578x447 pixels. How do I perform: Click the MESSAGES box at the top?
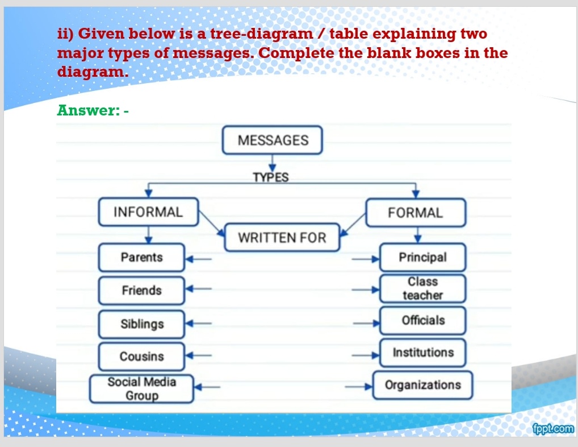[x=273, y=140]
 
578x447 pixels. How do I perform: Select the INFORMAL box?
[x=148, y=212]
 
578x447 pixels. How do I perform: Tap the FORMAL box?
[x=415, y=213]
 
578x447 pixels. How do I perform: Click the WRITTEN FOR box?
[x=282, y=238]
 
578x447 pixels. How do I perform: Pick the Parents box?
[x=141, y=258]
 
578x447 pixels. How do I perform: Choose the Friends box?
[x=141, y=291]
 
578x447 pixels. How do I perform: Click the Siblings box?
[x=141, y=324]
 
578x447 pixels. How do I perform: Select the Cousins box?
[x=141, y=357]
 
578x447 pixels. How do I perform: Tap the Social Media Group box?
[x=141, y=389]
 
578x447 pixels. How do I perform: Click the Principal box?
[x=422, y=258]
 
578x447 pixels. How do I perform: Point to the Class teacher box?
[x=422, y=288]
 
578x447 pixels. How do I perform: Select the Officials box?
[x=422, y=320]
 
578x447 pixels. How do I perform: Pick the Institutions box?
[x=422, y=353]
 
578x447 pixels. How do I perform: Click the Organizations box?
[x=422, y=385]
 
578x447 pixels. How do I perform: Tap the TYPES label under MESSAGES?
[x=271, y=177]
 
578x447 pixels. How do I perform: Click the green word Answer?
[x=86, y=110]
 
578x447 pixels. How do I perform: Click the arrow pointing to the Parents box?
[x=199, y=259]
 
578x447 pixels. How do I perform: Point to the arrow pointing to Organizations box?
[x=362, y=386]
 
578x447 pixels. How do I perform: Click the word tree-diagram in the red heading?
[x=261, y=34]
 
